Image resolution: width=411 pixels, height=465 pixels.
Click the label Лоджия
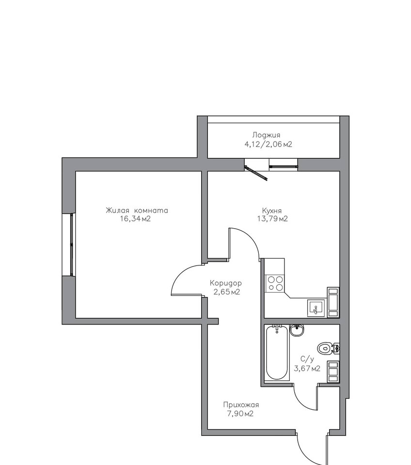tap(266, 136)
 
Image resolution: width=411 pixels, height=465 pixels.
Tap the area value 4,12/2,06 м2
tap(268, 144)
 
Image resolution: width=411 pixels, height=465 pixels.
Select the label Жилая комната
tap(137, 211)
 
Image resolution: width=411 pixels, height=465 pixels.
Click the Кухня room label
tap(272, 211)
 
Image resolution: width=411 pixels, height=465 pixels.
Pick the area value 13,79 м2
tap(272, 219)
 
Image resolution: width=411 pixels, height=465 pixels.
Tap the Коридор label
tap(226, 283)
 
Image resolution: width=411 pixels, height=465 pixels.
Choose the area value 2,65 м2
tap(227, 292)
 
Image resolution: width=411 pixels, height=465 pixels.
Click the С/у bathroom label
tap(307, 359)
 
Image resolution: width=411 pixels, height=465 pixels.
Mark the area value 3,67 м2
tap(307, 369)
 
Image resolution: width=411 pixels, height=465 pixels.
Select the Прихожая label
tap(241, 405)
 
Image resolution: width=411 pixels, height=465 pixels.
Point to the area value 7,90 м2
tap(240, 414)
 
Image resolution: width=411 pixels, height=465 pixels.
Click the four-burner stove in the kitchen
tap(275, 283)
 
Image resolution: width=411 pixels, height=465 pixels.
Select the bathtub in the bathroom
tap(277, 353)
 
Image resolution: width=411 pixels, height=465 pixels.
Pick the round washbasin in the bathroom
tap(297, 330)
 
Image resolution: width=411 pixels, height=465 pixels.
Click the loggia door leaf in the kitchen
tap(256, 172)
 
